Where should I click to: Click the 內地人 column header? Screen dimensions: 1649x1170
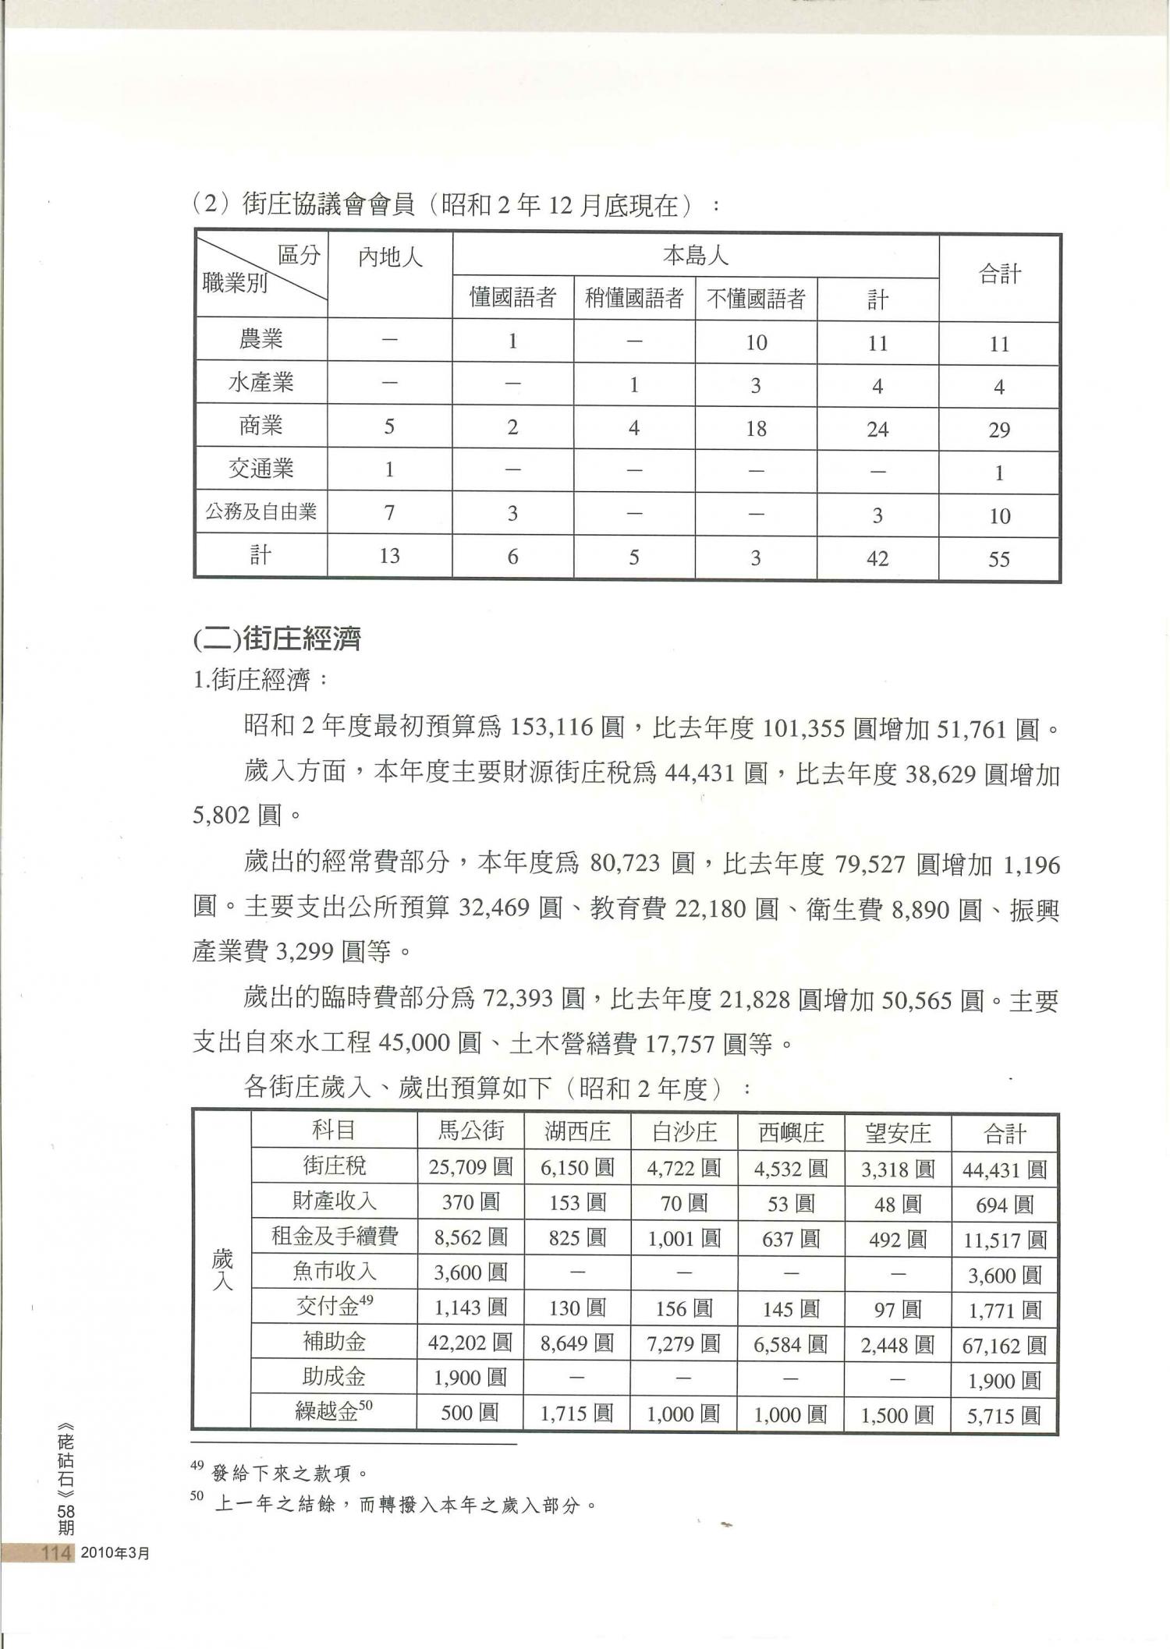tap(390, 257)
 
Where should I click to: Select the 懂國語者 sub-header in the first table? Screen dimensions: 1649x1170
tap(512, 298)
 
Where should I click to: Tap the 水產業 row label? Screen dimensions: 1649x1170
tap(261, 382)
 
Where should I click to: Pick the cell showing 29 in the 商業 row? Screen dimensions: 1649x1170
tap(999, 430)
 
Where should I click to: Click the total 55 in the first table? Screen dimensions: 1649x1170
tap(999, 559)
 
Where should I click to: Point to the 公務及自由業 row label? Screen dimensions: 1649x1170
tap(261, 512)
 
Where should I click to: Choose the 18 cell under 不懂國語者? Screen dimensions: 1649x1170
tap(756, 429)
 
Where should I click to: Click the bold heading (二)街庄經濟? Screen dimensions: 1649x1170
tap(276, 639)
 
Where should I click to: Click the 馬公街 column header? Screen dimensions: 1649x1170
tap(470, 1131)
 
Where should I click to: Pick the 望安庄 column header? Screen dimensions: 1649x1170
tap(897, 1132)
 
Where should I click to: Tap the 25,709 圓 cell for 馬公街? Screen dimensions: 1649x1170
tap(470, 1167)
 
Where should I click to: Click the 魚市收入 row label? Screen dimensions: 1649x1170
tap(334, 1272)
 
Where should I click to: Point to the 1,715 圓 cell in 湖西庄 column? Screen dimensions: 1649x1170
tap(577, 1413)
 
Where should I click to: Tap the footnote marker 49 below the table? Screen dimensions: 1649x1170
tap(197, 1465)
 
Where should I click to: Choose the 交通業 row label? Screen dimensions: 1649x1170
tap(261, 469)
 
